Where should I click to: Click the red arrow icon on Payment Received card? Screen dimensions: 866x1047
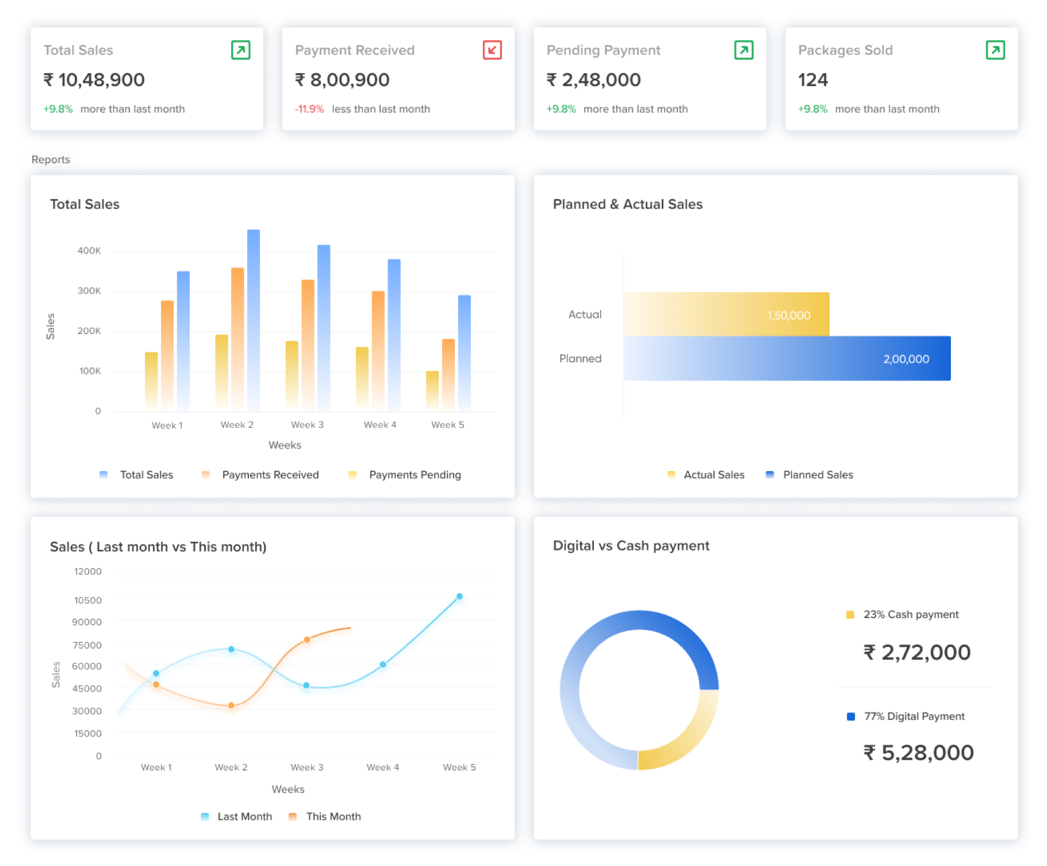tap(492, 50)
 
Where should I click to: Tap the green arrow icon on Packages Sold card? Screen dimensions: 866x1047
tap(995, 50)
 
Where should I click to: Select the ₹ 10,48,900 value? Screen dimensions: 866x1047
tap(94, 80)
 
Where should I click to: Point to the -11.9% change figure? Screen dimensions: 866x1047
tap(309, 109)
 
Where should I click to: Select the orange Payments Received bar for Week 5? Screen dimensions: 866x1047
tap(448, 374)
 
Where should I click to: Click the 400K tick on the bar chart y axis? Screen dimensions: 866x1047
tap(89, 251)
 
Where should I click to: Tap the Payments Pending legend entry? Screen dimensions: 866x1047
tap(414, 475)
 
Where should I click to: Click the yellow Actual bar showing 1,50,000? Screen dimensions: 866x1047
tap(726, 314)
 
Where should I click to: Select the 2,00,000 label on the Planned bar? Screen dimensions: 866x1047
tap(906, 359)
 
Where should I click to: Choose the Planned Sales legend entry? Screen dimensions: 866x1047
tap(817, 475)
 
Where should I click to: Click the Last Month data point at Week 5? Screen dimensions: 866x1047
tap(459, 596)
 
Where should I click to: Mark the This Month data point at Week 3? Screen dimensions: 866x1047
tap(307, 639)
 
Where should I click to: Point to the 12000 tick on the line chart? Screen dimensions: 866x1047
tap(88, 572)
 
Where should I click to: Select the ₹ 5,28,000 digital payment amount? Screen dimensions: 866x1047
tap(918, 753)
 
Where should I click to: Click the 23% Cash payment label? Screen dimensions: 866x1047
tap(911, 615)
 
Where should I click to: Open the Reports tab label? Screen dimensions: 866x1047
tap(51, 160)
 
